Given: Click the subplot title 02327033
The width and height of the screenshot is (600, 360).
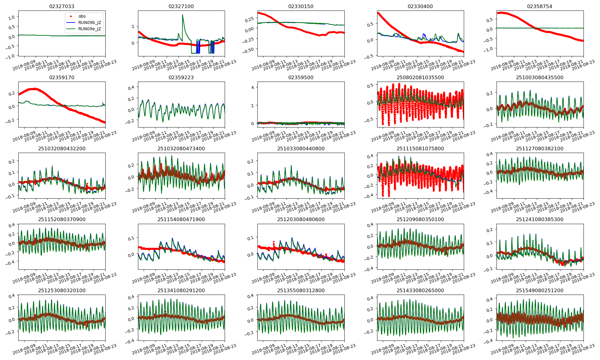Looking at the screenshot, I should (61, 6).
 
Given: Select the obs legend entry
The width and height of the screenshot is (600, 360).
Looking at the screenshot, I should (82, 16).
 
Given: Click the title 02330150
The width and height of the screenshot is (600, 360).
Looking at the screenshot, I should (301, 6).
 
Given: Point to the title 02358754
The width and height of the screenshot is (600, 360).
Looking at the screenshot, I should (540, 6).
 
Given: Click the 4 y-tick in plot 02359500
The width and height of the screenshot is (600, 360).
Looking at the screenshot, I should (253, 88).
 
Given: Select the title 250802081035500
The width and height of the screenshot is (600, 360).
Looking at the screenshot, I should (420, 77).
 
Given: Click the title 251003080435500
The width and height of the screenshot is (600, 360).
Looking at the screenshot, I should (540, 77).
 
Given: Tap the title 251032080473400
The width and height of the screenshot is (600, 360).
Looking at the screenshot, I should (181, 148).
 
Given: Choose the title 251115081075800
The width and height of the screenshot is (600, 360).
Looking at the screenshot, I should (420, 148).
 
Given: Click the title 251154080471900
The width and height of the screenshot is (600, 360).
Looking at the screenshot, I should (181, 219).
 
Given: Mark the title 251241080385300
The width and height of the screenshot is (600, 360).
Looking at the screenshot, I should (540, 219).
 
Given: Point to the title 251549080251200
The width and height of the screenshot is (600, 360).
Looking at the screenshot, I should (540, 290).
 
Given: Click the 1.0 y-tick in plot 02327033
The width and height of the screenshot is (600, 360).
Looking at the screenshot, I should (11, 18).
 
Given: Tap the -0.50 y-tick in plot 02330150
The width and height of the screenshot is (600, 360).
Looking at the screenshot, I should (249, 49).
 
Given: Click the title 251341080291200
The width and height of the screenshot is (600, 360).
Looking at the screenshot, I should (181, 290).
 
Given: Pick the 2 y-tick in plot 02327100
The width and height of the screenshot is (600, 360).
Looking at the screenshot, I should (133, 26).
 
